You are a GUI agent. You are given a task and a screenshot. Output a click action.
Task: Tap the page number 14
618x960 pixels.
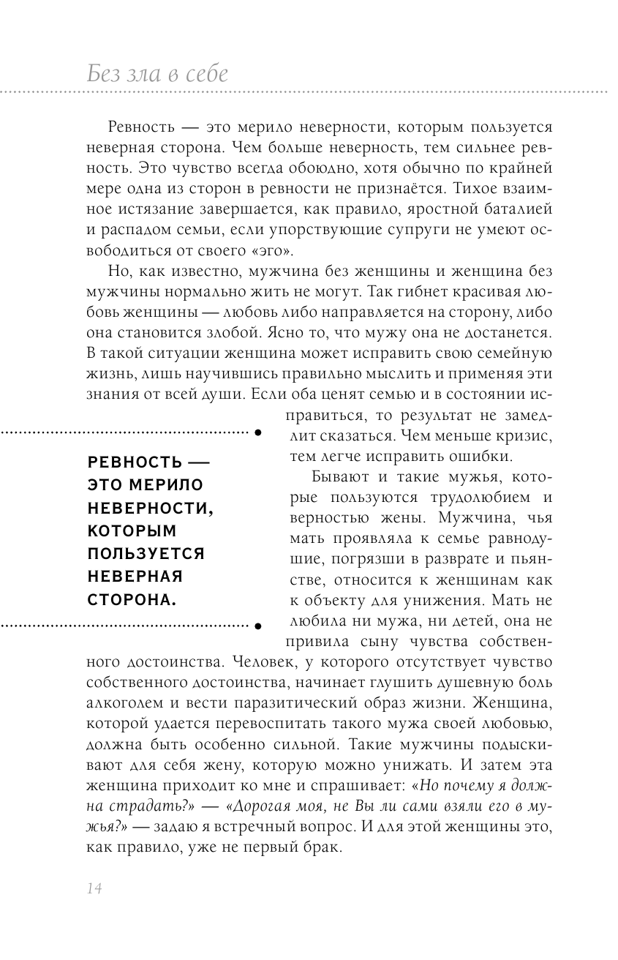tap(92, 888)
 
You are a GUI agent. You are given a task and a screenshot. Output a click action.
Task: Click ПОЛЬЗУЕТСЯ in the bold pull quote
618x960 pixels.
tap(146, 553)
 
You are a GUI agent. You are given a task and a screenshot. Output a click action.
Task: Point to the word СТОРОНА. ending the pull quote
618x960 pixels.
tap(132, 599)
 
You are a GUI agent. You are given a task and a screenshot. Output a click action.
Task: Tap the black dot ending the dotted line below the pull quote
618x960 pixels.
tap(257, 626)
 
